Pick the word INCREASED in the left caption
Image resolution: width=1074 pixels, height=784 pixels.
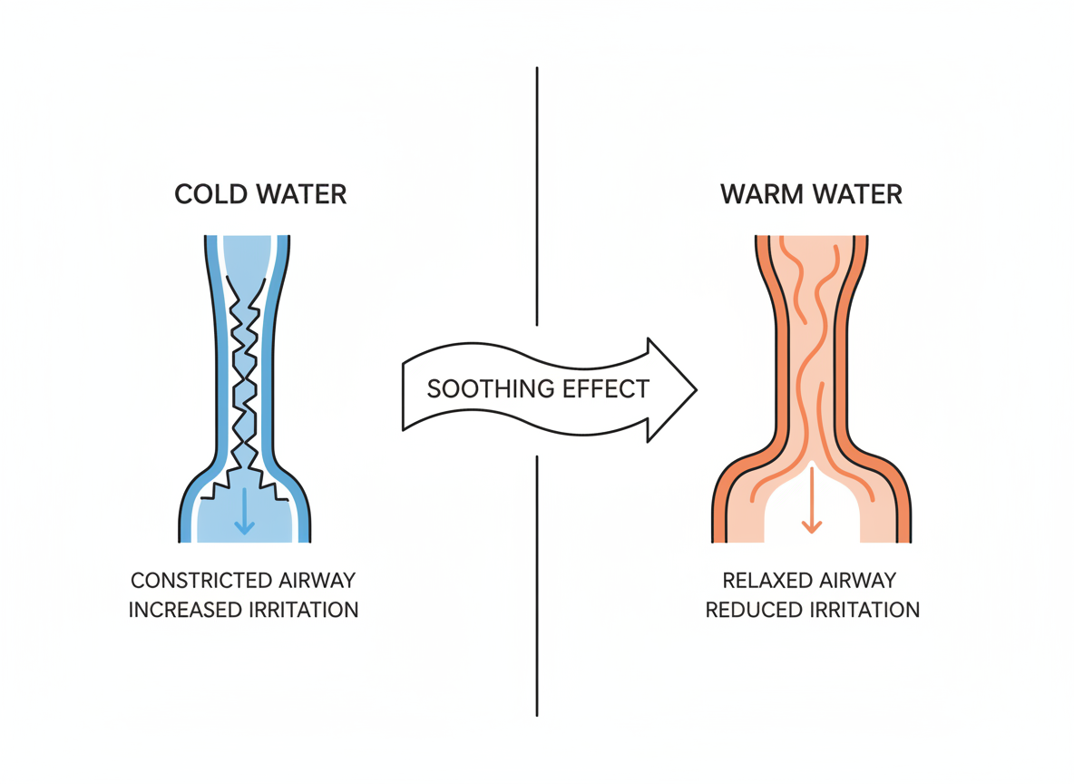pos(184,609)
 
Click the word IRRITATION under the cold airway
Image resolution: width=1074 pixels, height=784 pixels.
pos(302,609)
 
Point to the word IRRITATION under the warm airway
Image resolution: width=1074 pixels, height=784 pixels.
pos(864,609)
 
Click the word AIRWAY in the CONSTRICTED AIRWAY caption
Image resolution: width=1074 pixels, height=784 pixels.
pos(317,580)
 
